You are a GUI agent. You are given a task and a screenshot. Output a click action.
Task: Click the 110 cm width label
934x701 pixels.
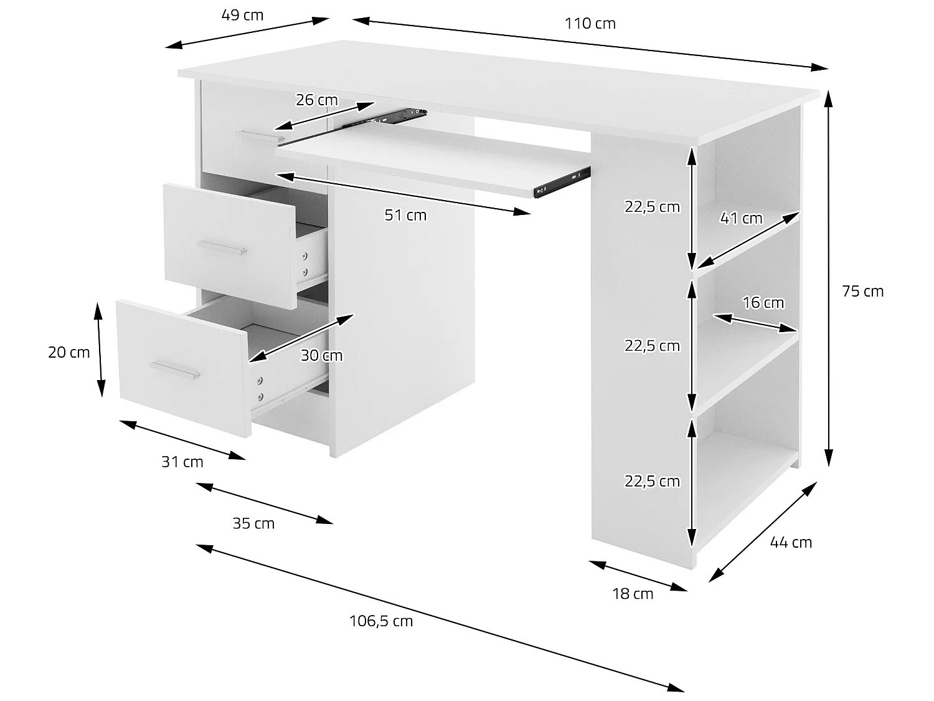point(590,24)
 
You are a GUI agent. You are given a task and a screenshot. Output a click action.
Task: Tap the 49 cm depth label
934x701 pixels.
point(242,15)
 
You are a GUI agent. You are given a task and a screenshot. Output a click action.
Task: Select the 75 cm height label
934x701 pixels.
point(862,291)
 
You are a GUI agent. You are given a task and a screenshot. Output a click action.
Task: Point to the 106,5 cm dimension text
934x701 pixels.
point(381,621)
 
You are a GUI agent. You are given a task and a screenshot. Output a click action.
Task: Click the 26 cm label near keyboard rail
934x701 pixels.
point(316,100)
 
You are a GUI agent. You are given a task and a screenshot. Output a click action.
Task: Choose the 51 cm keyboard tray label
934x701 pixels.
point(405,216)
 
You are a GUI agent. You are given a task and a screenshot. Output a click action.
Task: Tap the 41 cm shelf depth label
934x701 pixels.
point(741,218)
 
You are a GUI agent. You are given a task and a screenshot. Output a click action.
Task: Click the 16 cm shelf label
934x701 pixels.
point(763,303)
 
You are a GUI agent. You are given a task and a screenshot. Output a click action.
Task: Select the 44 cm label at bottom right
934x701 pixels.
point(791,543)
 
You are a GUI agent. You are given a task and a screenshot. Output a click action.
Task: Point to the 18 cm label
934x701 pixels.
point(633,594)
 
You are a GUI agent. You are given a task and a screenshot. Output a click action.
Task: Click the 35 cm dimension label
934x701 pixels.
point(253,523)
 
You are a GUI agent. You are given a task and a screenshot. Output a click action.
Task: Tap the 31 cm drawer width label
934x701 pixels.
point(182,462)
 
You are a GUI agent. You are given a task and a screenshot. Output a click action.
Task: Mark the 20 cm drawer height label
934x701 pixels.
point(68,353)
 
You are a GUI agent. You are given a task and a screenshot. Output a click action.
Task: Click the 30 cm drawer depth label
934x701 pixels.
point(321,356)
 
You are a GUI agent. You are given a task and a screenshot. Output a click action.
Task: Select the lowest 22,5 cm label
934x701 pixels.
point(652,481)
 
